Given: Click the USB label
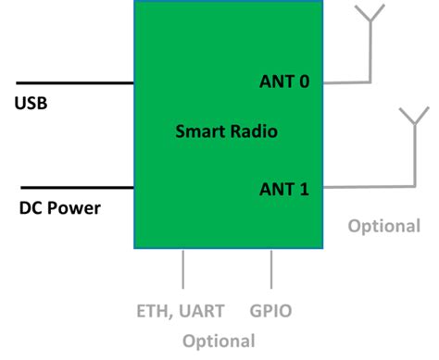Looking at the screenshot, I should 31,102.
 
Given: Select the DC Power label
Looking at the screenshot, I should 60,207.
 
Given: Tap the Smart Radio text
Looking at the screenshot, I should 227,131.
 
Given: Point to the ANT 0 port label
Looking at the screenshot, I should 284,81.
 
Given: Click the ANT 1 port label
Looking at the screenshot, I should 284,190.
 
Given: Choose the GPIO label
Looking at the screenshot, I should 270,311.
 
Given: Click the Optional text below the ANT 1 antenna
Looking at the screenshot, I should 384,226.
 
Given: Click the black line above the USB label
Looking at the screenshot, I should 74,82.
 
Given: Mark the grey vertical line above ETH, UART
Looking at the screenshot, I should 183,268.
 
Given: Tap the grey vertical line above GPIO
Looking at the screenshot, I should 271,268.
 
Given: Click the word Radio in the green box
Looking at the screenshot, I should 254,131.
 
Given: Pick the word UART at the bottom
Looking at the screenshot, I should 208,311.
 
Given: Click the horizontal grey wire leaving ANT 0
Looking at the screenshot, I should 347,81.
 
